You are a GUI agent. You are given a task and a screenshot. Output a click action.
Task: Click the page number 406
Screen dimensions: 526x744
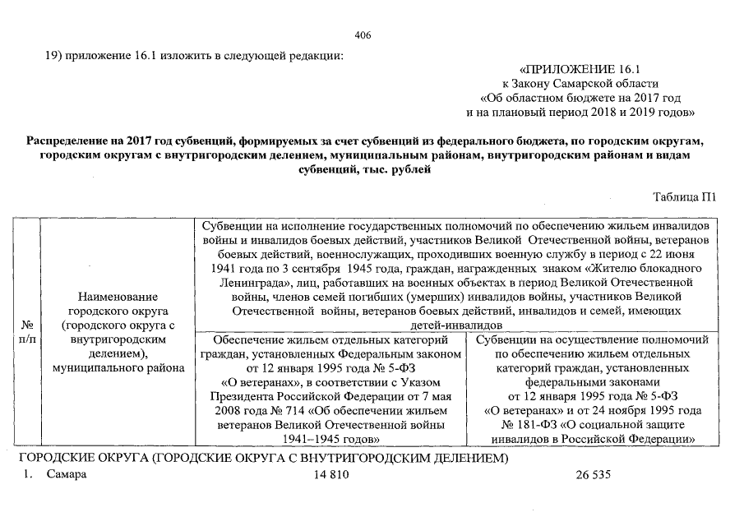click(x=362, y=35)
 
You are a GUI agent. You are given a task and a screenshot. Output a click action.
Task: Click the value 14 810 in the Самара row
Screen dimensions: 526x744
click(x=332, y=476)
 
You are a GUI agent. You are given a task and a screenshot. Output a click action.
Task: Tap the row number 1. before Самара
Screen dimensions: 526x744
click(x=26, y=476)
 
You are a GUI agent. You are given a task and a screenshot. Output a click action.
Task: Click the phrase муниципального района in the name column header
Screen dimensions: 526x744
click(x=118, y=368)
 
